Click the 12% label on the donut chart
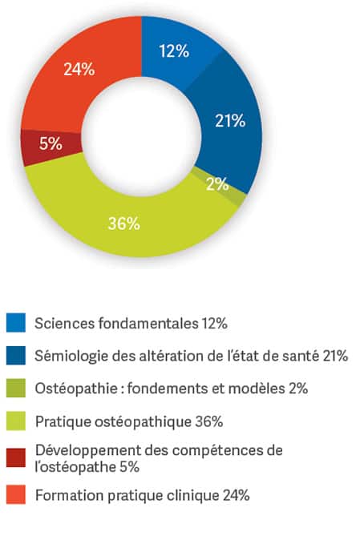click(x=174, y=51)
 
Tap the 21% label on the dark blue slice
click(x=230, y=121)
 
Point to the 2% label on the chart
click(x=217, y=183)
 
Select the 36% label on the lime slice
click(x=124, y=224)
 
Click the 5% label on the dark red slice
click(x=51, y=143)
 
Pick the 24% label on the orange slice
click(x=79, y=70)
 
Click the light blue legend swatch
click(x=16, y=323)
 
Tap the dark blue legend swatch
click(x=16, y=356)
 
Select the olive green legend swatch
click(x=16, y=388)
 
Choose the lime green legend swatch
click(x=16, y=421)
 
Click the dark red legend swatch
click(x=16, y=457)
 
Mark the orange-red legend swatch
click(x=16, y=494)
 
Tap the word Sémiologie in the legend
click(x=71, y=356)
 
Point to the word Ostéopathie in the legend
click(x=76, y=389)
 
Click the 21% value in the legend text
click(x=335, y=356)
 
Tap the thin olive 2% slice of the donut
click(x=224, y=187)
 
